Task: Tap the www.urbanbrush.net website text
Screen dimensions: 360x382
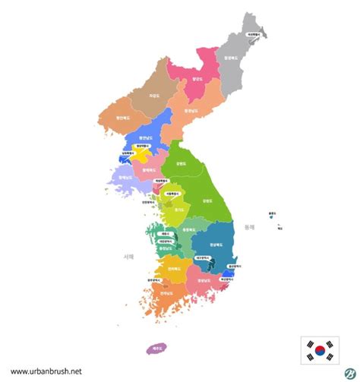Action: coord(47,371)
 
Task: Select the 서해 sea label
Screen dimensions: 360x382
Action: coord(128,257)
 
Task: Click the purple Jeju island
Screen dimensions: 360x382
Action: coord(157,348)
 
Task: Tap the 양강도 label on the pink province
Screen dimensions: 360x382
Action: coord(198,77)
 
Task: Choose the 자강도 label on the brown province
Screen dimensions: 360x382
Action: coord(154,96)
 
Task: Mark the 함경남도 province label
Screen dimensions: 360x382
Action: coord(193,111)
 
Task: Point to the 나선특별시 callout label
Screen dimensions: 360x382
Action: coord(254,34)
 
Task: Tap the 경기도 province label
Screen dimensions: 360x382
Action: coord(178,209)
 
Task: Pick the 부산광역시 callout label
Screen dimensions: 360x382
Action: coord(226,279)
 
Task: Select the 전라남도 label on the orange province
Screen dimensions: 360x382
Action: coord(165,292)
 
